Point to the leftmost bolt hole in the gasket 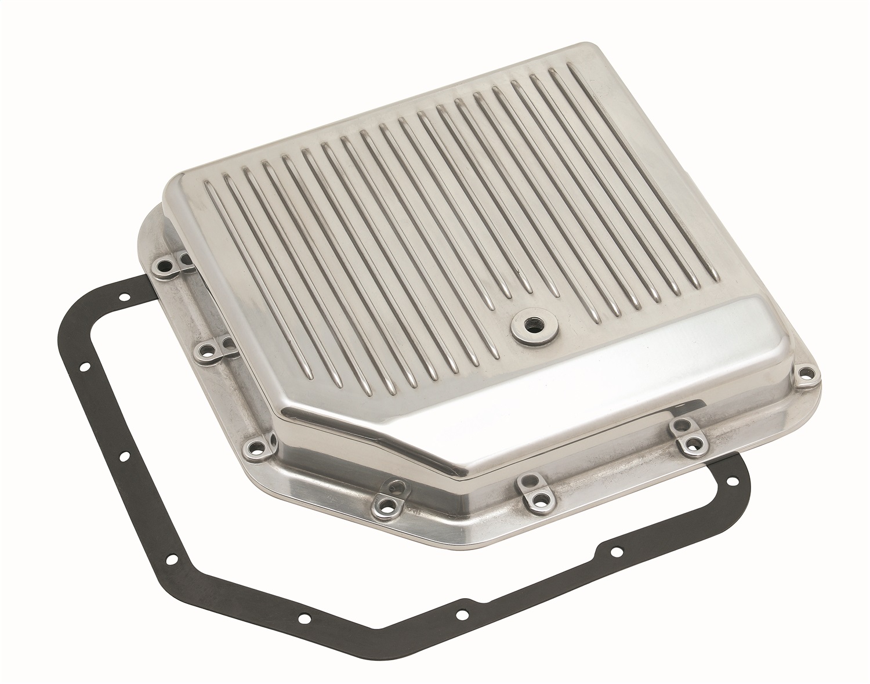pos(84,367)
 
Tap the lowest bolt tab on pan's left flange pos(253,446)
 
